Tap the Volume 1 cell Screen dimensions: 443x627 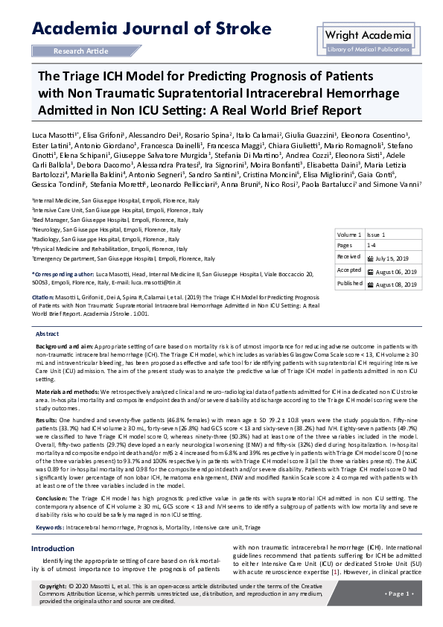point(350,234)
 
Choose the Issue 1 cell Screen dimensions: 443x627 point(377,234)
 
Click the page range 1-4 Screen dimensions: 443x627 point(372,244)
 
